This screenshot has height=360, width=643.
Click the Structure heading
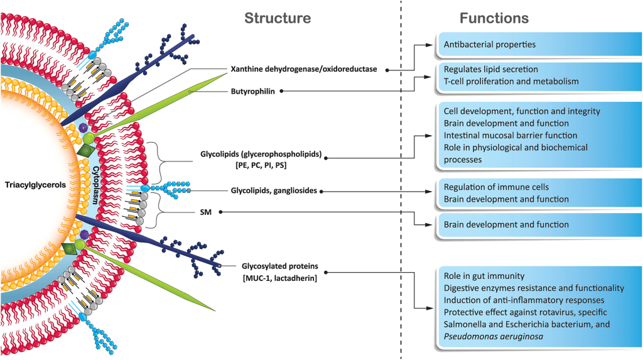point(277,18)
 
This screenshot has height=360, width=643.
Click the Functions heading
point(494,18)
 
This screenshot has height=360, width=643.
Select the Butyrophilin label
point(252,90)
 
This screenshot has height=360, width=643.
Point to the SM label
point(205,212)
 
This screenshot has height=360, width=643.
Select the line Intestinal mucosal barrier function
point(511,135)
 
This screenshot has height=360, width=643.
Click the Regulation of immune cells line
point(497,187)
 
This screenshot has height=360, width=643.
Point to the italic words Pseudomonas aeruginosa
point(493,335)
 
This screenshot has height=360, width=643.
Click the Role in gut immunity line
point(484,276)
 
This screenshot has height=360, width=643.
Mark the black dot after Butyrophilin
point(281,90)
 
